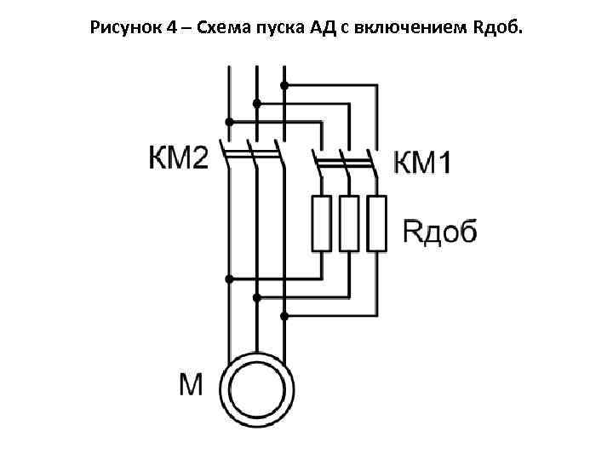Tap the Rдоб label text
point(439,230)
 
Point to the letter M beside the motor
point(191,386)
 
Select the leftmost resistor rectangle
point(321,223)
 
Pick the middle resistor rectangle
point(349,223)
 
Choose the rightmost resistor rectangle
point(376,223)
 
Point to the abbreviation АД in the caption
point(314,29)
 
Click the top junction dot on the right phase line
point(284,85)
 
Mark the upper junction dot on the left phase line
point(228,121)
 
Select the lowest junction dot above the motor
point(284,316)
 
